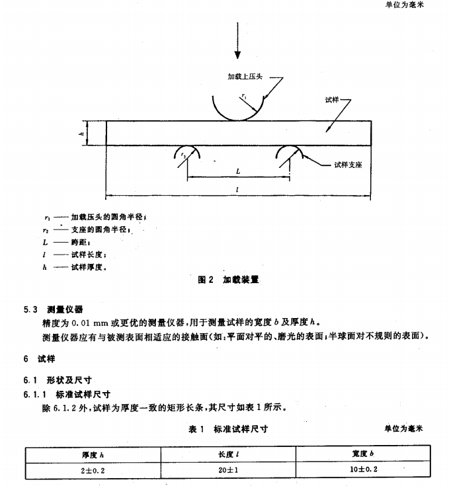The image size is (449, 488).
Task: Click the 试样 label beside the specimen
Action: pyautogui.click(x=332, y=100)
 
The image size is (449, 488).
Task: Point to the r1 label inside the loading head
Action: pyautogui.click(x=244, y=97)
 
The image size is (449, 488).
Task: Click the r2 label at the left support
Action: pyautogui.click(x=183, y=154)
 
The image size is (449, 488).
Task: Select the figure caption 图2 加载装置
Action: pyautogui.click(x=229, y=280)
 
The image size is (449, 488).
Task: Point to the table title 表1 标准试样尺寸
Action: pyautogui.click(x=228, y=429)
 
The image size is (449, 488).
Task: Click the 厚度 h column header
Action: pyautogui.click(x=93, y=454)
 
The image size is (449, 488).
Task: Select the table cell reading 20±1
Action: pyautogui.click(x=227, y=471)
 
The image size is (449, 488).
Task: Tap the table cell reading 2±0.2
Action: pyautogui.click(x=93, y=471)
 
